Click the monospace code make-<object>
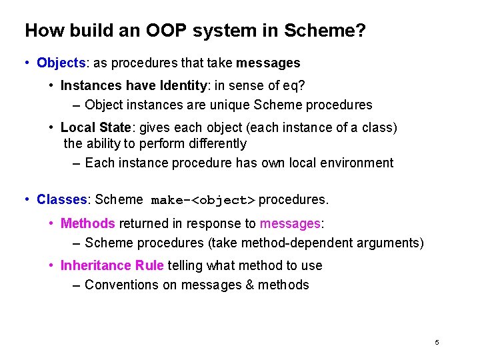pos(203,200)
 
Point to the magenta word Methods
pos(88,223)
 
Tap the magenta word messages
pos(290,223)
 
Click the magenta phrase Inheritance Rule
pos(112,265)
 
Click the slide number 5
pos(437,342)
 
